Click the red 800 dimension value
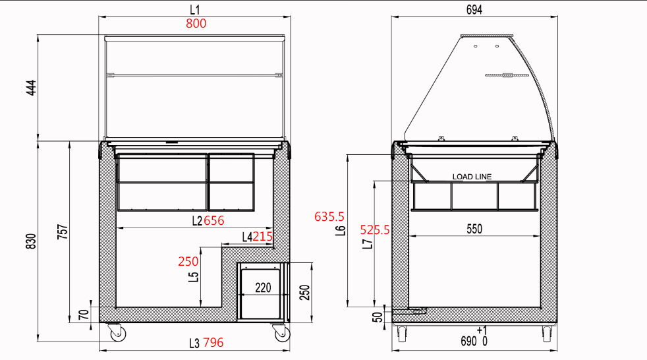(x=196, y=24)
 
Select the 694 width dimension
(x=474, y=9)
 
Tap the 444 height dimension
(x=32, y=88)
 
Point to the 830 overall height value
(x=32, y=241)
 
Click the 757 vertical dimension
(x=63, y=232)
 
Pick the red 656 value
(x=214, y=220)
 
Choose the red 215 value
(x=263, y=237)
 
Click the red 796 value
(x=213, y=342)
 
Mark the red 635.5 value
(x=329, y=216)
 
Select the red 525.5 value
(x=375, y=229)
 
